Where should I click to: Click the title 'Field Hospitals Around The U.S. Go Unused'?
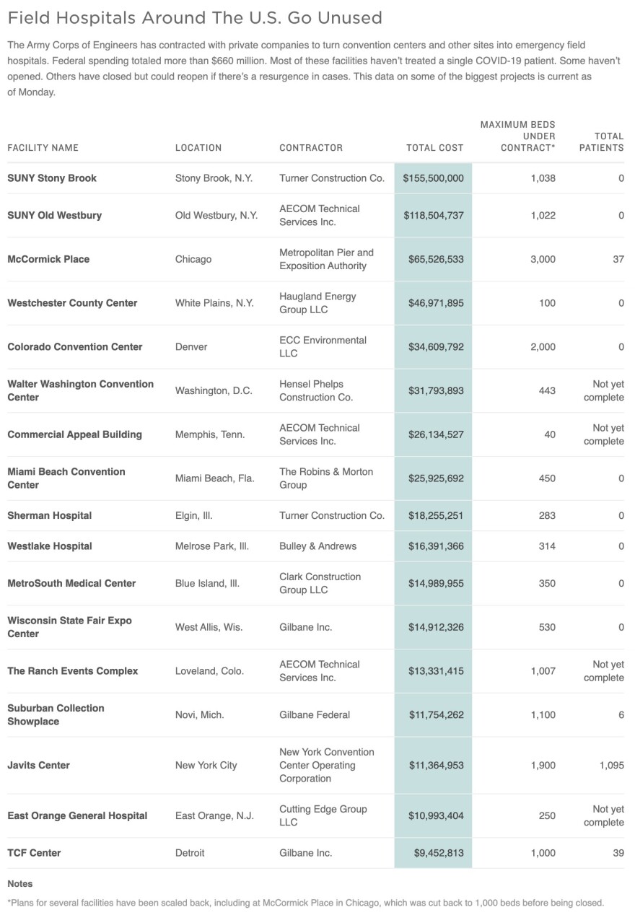tap(195, 17)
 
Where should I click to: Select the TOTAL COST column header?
tap(434, 148)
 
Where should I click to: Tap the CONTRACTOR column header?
tap(311, 148)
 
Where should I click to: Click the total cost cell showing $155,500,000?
tap(433, 178)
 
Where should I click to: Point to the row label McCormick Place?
tap(48, 259)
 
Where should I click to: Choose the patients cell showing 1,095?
tap(611, 765)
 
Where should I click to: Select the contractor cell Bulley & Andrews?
tap(317, 546)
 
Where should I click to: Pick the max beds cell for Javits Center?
tap(543, 765)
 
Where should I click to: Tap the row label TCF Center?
tap(34, 853)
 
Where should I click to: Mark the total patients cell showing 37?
tap(618, 259)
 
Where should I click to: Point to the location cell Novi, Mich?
tap(199, 714)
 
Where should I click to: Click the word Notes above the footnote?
tap(20, 883)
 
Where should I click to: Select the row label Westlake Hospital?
tap(50, 546)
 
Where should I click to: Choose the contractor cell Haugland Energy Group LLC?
tap(317, 303)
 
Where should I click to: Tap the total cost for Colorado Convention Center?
tap(433, 347)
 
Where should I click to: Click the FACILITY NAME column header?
tap(43, 148)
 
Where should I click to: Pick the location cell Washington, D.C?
tap(214, 391)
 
